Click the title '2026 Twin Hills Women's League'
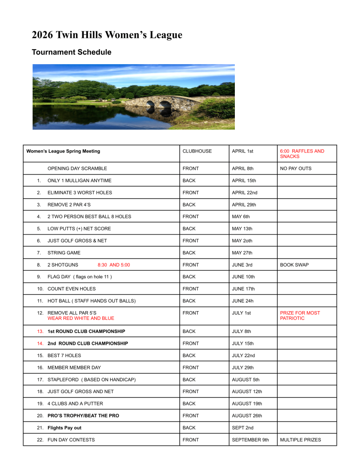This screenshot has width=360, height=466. pyautogui.click(x=107, y=35)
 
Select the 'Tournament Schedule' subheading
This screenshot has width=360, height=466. pyautogui.click(x=71, y=52)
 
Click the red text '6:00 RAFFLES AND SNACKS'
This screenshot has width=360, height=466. pyautogui.click(x=302, y=154)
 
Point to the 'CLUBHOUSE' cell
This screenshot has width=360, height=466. pyautogui.click(x=197, y=151)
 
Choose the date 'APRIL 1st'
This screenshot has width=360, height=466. pyautogui.click(x=242, y=151)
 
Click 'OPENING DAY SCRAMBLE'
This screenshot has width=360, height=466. pyautogui.click(x=77, y=169)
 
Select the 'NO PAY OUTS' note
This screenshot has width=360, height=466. pyautogui.click(x=295, y=169)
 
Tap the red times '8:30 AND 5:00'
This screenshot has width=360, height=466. pyautogui.click(x=114, y=265)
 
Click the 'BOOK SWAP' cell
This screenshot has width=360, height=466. pyautogui.click(x=294, y=265)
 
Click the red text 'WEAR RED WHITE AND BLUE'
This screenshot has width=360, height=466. pyautogui.click(x=81, y=318)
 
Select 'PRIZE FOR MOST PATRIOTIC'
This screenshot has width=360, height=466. pyautogui.click(x=299, y=316)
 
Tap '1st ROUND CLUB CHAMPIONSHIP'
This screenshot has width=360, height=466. pyautogui.click(x=86, y=331)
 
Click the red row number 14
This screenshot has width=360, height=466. pyautogui.click(x=40, y=343)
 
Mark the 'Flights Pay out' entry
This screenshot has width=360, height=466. pyautogui.click(x=64, y=428)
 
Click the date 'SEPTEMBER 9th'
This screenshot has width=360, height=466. pyautogui.click(x=250, y=440)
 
